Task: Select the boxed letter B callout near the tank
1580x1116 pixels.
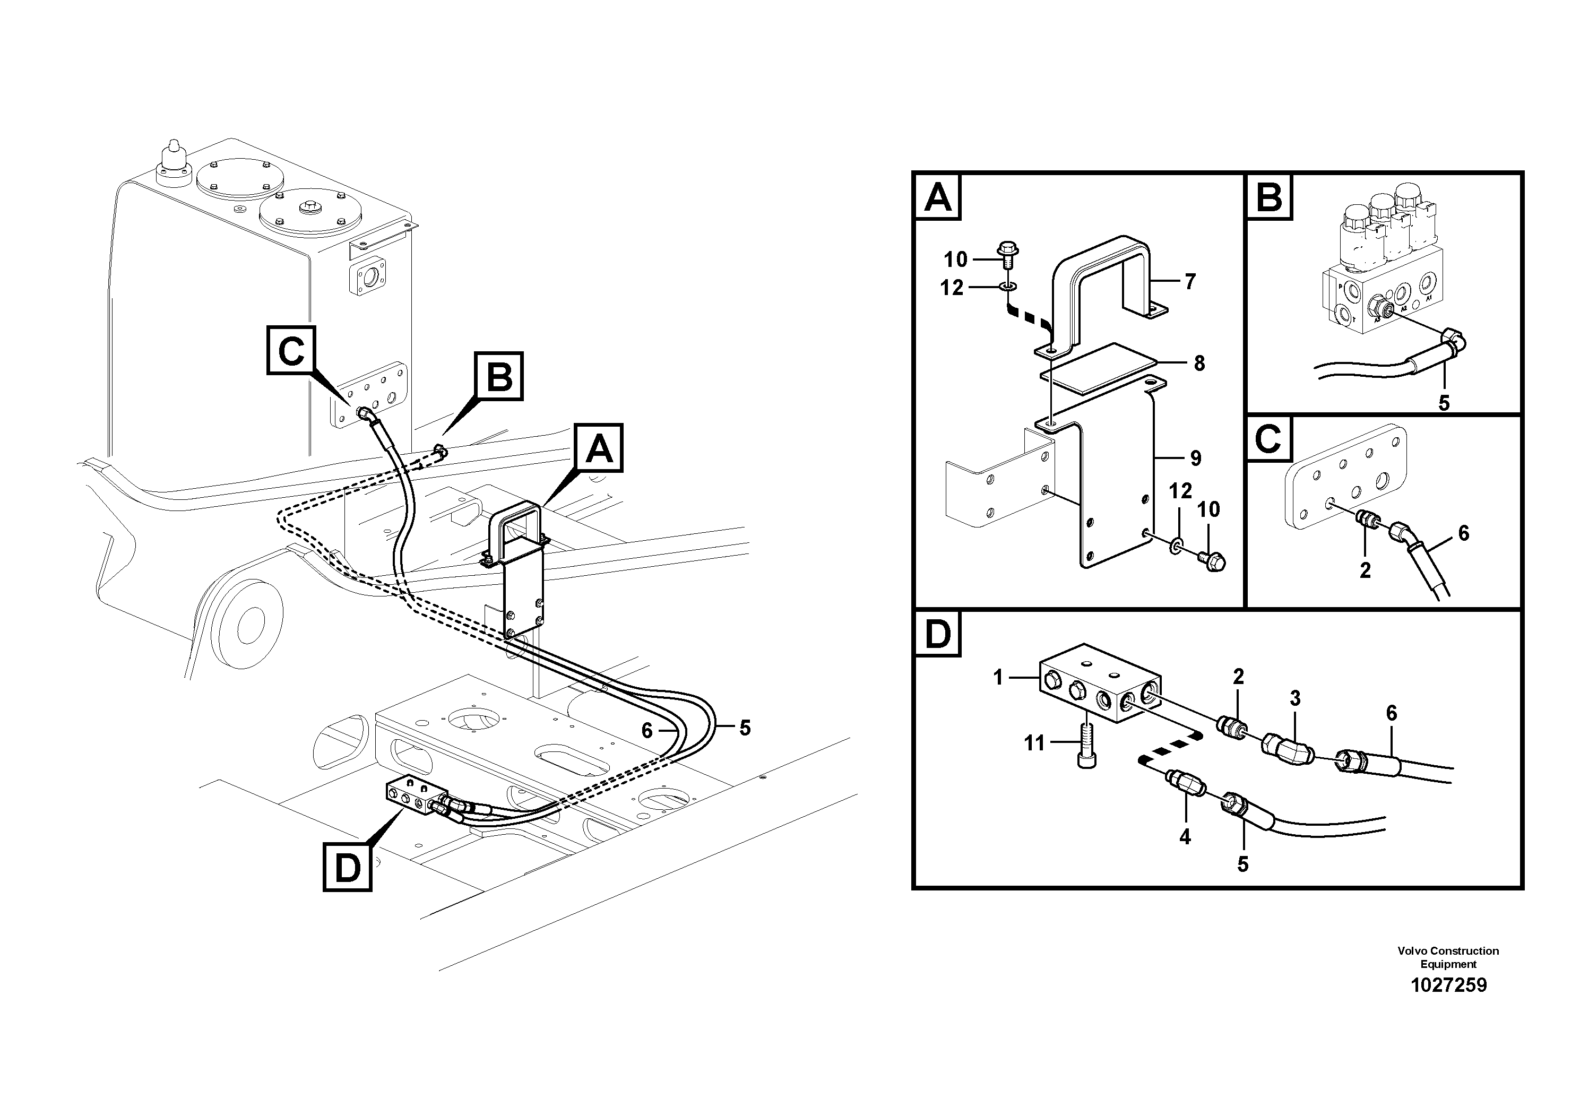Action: (x=499, y=376)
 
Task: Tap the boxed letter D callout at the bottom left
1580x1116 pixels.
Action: (x=348, y=868)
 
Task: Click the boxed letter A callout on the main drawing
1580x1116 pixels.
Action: (x=599, y=448)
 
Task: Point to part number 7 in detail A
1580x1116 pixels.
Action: (x=1190, y=281)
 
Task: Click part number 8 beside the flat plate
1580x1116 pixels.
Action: (x=1199, y=364)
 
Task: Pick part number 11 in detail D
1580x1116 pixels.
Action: (x=1034, y=743)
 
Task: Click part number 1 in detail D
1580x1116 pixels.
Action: (x=998, y=678)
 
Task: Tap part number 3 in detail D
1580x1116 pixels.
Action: (x=1295, y=698)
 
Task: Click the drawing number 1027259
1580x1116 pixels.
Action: (x=1448, y=985)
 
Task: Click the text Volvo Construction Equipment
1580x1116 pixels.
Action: (x=1448, y=957)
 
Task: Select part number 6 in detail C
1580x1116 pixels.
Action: (x=1463, y=533)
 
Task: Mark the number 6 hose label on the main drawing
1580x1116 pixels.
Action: (x=647, y=731)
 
